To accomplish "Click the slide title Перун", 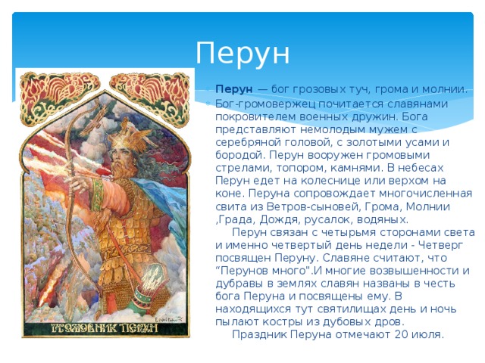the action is pyautogui.click(x=242, y=53).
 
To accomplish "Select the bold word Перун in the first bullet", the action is pyautogui.click(x=234, y=89).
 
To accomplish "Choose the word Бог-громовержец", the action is pyautogui.click(x=265, y=104).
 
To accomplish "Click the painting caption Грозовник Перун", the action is pyautogui.click(x=105, y=328).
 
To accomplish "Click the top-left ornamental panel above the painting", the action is pyautogui.click(x=59, y=98).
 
